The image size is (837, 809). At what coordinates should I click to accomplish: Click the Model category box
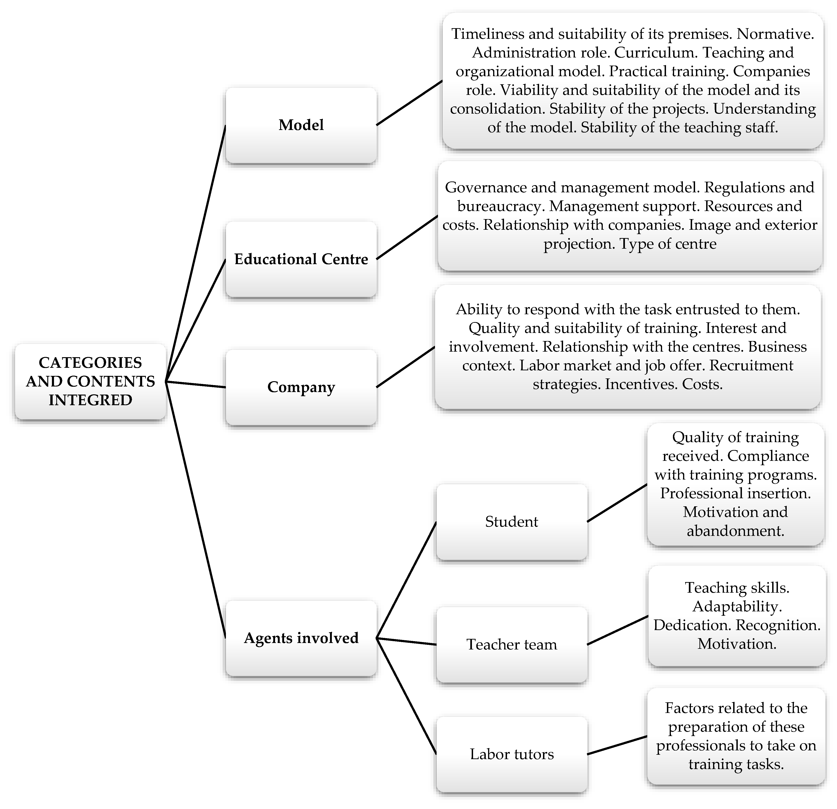[301, 125]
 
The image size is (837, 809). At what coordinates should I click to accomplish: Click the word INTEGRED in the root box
[90, 400]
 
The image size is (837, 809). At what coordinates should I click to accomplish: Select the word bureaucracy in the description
[500, 206]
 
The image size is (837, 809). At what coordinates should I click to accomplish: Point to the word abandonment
[735, 531]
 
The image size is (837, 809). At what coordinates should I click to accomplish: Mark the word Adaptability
[737, 607]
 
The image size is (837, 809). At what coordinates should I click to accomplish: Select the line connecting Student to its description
[617, 503]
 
